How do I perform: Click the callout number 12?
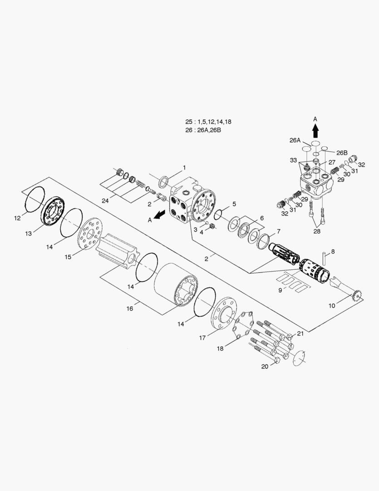tap(17, 218)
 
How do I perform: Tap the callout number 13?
tap(29, 234)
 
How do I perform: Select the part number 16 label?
tap(130, 309)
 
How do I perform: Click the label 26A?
tap(295, 140)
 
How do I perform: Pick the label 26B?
tap(342, 153)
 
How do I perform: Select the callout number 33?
tap(294, 160)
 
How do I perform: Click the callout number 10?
tap(332, 306)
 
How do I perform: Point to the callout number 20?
tap(265, 367)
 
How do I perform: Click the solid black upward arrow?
tap(315, 131)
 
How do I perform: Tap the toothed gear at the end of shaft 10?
tap(355, 297)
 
